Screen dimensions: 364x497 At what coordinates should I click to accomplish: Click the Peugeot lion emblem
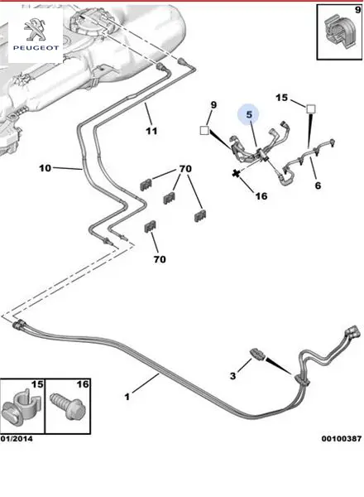pos(35,29)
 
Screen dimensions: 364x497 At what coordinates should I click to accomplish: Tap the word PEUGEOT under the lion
pos(36,48)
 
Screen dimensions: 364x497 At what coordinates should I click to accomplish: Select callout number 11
pos(151,131)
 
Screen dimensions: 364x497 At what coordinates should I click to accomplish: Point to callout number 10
pos(45,168)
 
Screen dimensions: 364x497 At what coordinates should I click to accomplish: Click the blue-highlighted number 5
pos(249,114)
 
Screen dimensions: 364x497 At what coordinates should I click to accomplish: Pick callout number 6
pos(318,185)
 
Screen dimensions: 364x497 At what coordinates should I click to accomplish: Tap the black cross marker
pos(236,173)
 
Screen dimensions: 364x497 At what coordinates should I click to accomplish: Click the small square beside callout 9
pos(204,130)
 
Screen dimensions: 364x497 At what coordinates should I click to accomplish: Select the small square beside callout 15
pos(311,109)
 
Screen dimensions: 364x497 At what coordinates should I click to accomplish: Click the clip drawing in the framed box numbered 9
pos(340,31)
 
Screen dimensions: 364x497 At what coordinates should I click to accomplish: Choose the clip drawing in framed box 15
pos(22,407)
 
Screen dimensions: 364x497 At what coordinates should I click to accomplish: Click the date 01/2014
pos(17,439)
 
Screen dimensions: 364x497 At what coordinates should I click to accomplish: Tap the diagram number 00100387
pos(341,439)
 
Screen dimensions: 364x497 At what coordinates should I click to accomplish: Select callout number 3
pos(233,376)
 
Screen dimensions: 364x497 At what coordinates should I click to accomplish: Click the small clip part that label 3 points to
pos(257,354)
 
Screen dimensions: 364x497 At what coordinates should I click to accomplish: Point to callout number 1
pos(127,397)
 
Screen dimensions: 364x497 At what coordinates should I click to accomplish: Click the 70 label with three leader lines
pos(185,169)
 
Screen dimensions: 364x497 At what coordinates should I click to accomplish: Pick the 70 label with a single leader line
pos(160,259)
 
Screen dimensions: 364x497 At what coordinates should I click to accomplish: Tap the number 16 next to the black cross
pos(261,195)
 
